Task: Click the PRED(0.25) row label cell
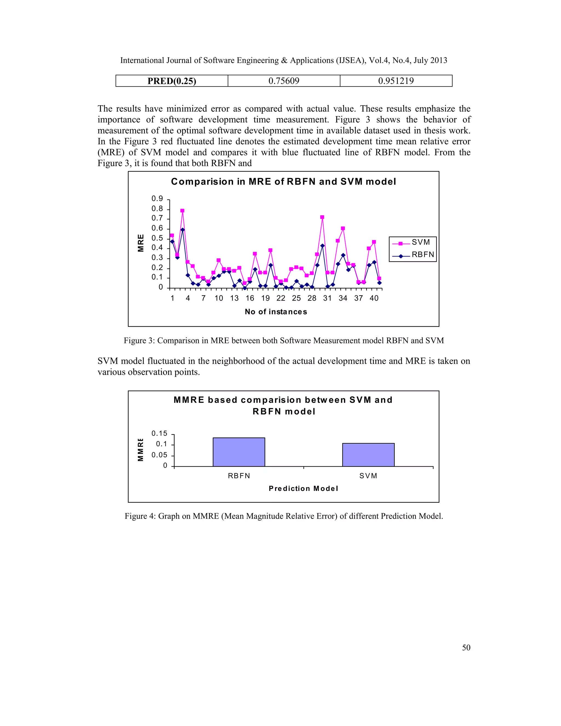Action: (x=171, y=81)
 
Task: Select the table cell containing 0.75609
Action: (x=284, y=81)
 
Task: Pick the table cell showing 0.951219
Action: (x=396, y=81)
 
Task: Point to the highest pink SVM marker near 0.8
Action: (x=182, y=211)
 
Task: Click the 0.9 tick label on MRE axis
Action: (x=157, y=199)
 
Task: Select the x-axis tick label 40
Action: (x=374, y=298)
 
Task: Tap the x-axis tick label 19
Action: (x=265, y=298)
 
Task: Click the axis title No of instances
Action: (x=276, y=312)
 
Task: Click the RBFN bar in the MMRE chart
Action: (x=239, y=452)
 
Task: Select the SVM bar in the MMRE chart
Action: (x=368, y=455)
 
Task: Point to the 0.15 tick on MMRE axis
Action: (x=159, y=433)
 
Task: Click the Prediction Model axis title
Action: (x=303, y=488)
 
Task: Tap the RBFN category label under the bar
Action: (x=239, y=476)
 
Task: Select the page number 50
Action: (x=466, y=647)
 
